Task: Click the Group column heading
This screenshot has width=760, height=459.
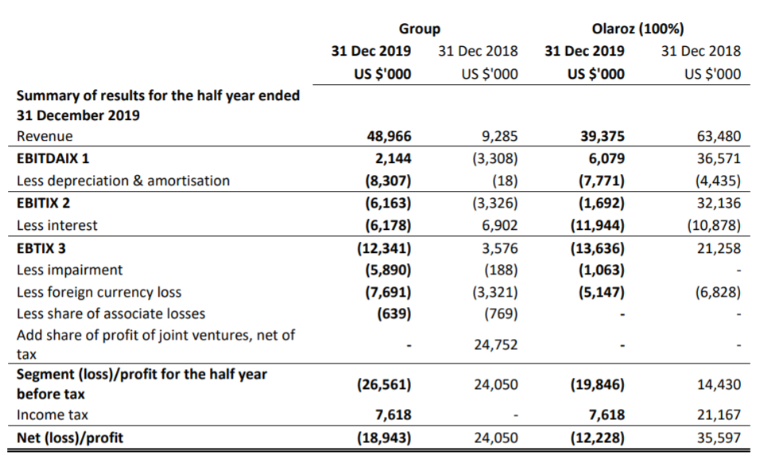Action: point(419,29)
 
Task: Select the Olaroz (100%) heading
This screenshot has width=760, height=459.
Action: point(638,29)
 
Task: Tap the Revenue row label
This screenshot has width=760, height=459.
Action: point(45,136)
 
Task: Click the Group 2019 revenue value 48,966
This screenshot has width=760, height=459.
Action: point(389,136)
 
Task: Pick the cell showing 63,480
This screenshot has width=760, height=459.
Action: point(719,136)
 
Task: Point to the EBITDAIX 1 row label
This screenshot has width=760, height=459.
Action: point(52,158)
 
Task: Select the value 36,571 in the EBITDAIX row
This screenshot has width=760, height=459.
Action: point(719,158)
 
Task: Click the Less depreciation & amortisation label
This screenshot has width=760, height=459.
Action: point(123,181)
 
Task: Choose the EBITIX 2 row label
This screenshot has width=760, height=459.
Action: point(43,203)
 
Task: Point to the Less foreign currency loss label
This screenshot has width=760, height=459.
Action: point(99,292)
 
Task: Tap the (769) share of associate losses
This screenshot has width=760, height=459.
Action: point(501,314)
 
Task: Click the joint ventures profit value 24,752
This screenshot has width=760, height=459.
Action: point(495,345)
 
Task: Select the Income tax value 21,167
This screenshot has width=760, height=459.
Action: point(719,414)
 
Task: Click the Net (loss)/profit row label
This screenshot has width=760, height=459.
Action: point(70,438)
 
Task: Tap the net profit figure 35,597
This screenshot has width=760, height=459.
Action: point(719,438)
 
